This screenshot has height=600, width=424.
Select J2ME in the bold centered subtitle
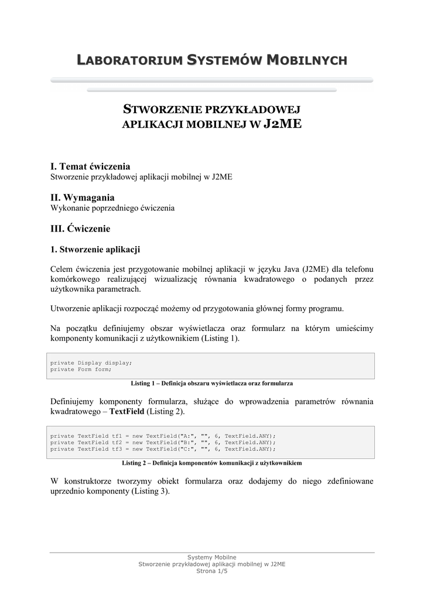283,124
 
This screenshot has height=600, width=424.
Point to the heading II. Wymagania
83,197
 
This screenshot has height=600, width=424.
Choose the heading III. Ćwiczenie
80,228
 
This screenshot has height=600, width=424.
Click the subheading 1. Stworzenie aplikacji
95,250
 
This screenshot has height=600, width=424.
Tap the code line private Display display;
91,363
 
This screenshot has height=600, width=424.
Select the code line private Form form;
81,370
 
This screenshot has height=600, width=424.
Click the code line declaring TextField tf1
163,435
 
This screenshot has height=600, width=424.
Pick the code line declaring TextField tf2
163,442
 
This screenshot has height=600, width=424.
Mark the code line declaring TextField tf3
163,449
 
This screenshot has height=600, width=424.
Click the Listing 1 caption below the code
212,383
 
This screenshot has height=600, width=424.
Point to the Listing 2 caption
212,463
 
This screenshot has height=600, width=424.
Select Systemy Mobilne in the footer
212,557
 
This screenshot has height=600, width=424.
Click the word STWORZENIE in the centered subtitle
161,110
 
